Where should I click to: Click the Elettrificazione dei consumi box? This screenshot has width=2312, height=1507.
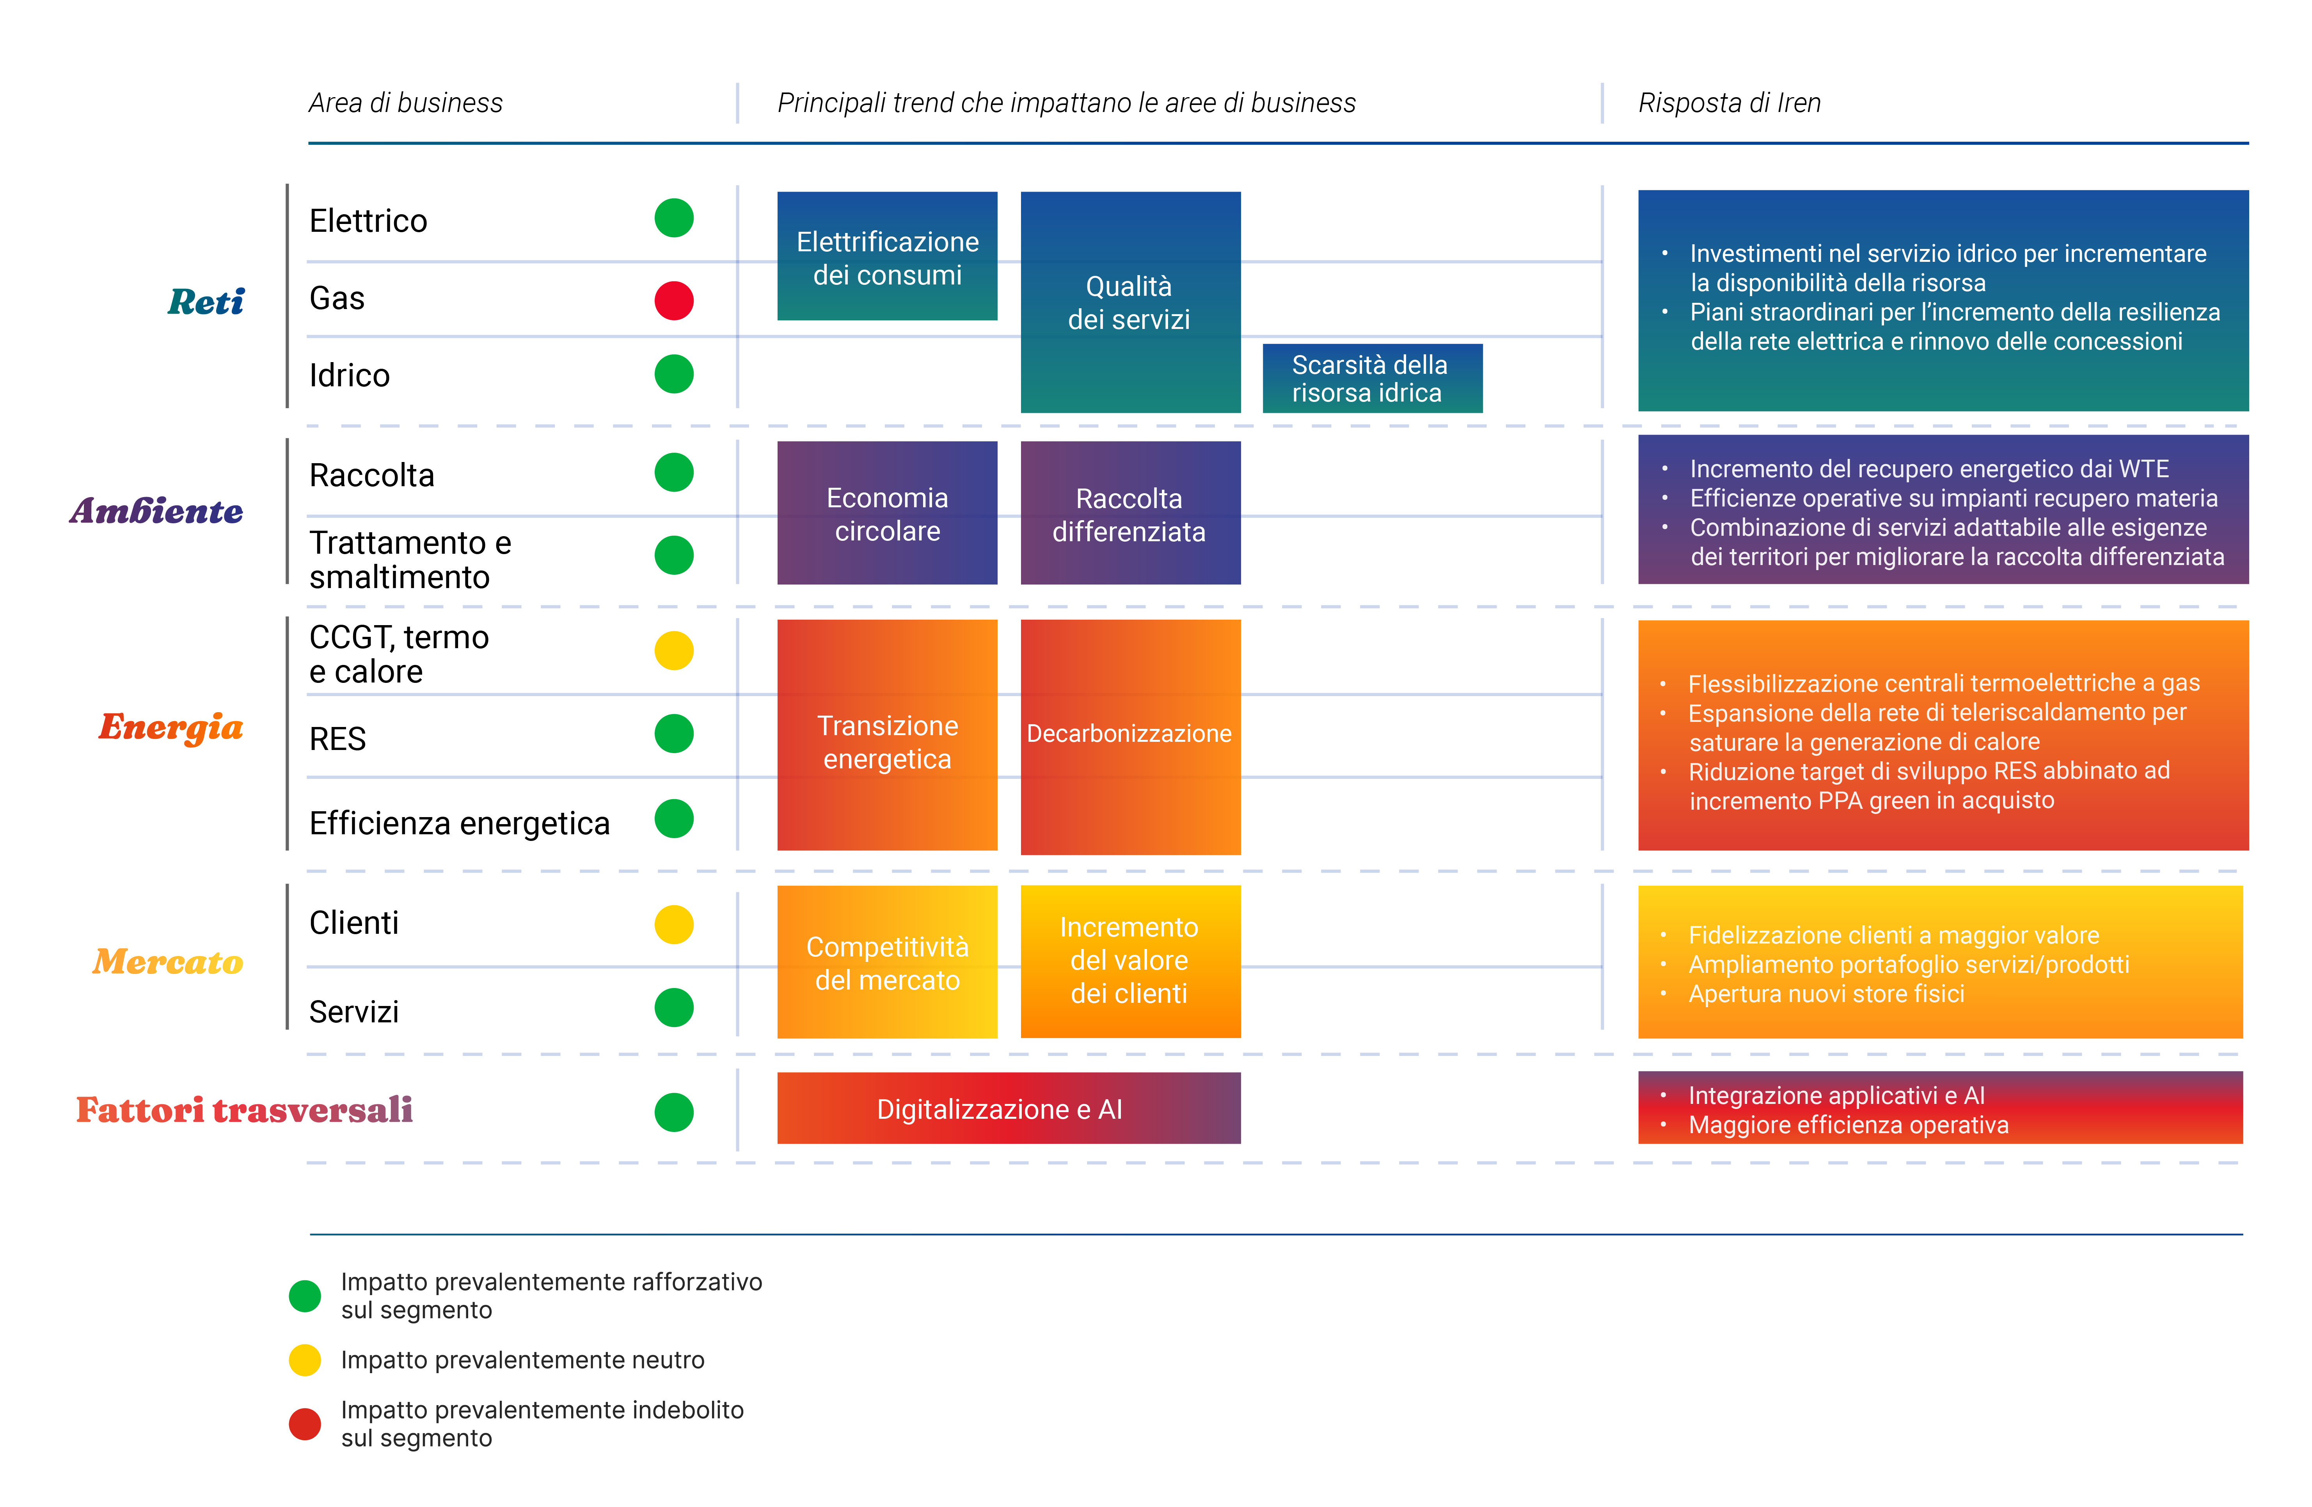(x=887, y=256)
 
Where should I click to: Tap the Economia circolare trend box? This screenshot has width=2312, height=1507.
(x=887, y=513)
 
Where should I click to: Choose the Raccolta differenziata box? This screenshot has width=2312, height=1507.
(x=1130, y=513)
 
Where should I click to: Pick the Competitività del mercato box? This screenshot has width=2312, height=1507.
(x=887, y=962)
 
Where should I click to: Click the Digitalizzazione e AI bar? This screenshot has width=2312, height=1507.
(x=1009, y=1109)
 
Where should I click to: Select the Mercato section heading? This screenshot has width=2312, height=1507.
(x=168, y=962)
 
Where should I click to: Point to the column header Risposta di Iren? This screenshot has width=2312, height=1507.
(x=1729, y=103)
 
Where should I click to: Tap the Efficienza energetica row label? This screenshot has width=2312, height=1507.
(x=458, y=823)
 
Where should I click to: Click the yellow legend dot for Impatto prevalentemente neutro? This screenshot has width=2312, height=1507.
(x=305, y=1359)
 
